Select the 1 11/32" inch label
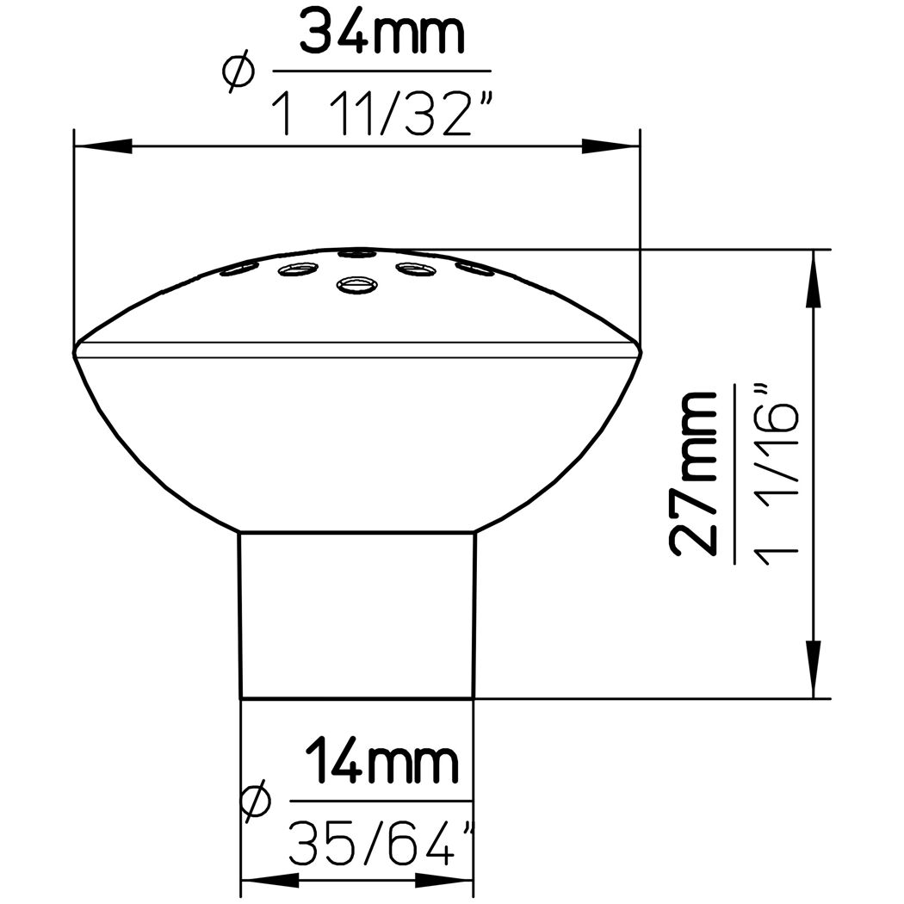383,114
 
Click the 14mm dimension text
382,762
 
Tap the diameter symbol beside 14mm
256,800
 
